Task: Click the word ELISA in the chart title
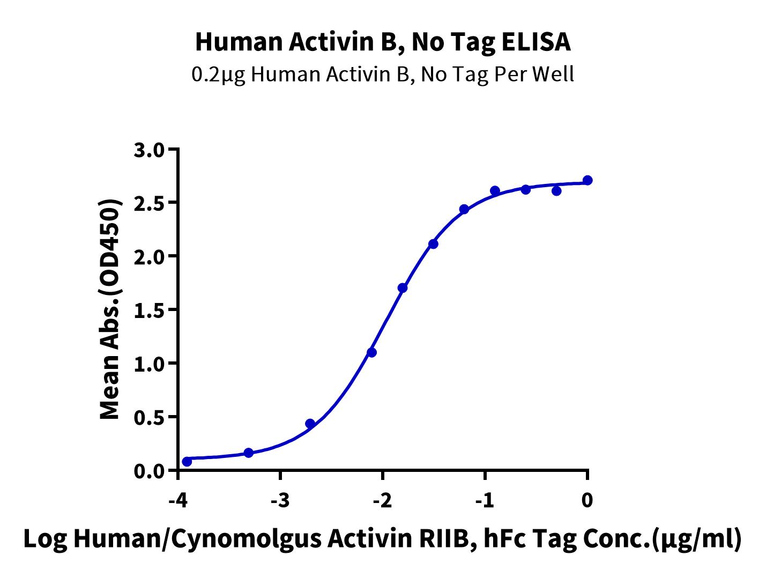pos(536,42)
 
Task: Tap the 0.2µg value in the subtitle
pos(219,75)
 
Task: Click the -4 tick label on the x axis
pos(178,500)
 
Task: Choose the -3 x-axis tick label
pos(280,500)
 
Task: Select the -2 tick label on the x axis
pos(383,500)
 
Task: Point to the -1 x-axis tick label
pos(485,500)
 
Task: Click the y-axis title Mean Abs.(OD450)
pos(110,309)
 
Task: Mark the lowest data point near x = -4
pos(187,462)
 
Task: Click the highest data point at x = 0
pos(587,180)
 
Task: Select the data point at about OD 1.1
pos(371,352)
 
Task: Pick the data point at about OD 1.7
pos(403,287)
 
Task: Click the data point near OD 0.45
pos(310,424)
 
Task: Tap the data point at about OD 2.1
pos(433,244)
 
